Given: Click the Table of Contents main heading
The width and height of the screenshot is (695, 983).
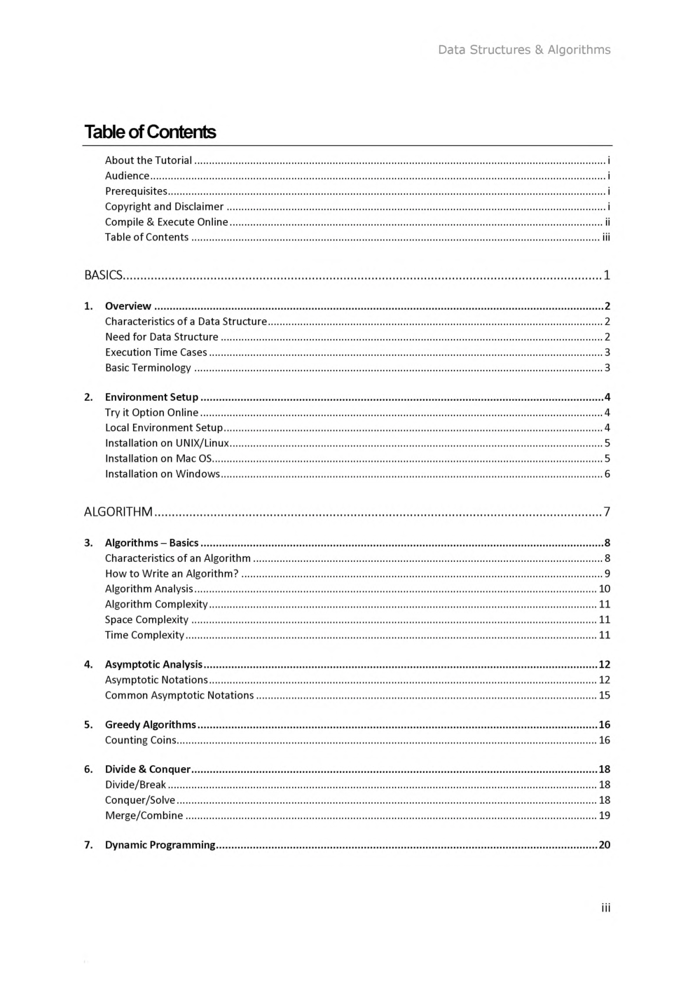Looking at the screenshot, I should (x=150, y=132).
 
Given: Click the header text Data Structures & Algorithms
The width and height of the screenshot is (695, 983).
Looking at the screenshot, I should (x=524, y=50).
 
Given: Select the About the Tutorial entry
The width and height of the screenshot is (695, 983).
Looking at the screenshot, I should (x=149, y=160).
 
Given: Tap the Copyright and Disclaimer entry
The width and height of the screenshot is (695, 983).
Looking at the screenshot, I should (x=164, y=207).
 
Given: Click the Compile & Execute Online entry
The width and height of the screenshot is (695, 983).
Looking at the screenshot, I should (x=166, y=222).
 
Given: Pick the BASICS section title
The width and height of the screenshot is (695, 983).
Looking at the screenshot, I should (x=103, y=275).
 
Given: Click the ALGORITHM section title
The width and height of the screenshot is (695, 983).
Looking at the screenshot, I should (x=118, y=512).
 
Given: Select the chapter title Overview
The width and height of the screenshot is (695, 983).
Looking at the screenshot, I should (x=128, y=306).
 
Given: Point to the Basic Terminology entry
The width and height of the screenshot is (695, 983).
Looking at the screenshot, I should (x=148, y=368).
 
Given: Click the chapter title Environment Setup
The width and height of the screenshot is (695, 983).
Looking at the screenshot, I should (x=151, y=397).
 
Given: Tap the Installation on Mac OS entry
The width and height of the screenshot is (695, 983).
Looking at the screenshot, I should (x=158, y=459).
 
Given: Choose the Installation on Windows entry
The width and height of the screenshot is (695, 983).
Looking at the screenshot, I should (x=162, y=474).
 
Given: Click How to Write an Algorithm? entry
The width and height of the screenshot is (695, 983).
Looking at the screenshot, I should (x=172, y=574).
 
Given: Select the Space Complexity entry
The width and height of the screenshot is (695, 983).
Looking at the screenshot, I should (x=146, y=620).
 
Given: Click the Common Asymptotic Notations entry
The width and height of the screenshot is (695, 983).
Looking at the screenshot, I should (x=179, y=696).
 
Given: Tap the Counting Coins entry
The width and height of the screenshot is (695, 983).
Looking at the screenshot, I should (x=140, y=741).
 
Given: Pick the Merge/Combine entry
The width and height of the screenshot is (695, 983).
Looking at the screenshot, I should (x=144, y=816).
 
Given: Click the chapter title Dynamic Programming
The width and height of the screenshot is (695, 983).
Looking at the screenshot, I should (x=160, y=845).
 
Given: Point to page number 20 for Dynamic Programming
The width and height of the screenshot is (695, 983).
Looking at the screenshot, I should (x=604, y=845).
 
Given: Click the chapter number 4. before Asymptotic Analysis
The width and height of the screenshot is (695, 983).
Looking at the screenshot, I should (x=88, y=665).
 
